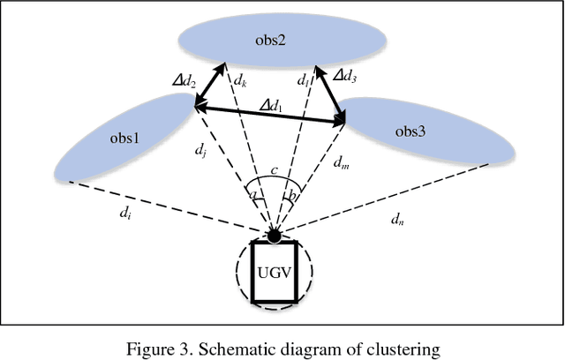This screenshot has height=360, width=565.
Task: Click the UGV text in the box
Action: [x=275, y=272]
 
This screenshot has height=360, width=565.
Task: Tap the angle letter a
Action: [x=253, y=192]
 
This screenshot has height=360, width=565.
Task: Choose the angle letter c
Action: [x=275, y=170]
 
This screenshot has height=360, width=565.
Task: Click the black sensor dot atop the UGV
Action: [x=275, y=235]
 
